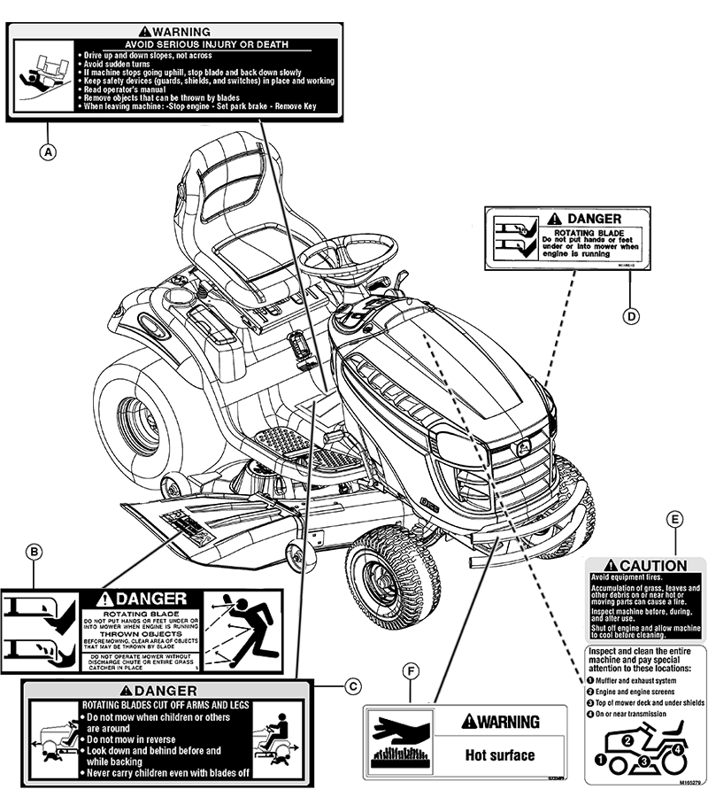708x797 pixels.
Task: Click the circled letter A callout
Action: point(49,151)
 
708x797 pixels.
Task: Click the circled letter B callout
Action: point(34,553)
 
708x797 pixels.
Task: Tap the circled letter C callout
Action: point(353,685)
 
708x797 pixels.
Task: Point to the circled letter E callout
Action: point(676,519)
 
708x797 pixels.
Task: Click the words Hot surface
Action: point(500,755)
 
